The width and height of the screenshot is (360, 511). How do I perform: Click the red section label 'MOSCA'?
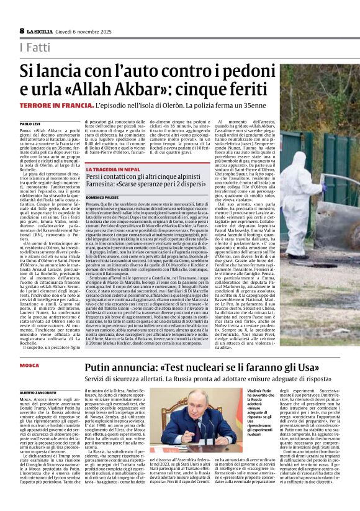[29, 365]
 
